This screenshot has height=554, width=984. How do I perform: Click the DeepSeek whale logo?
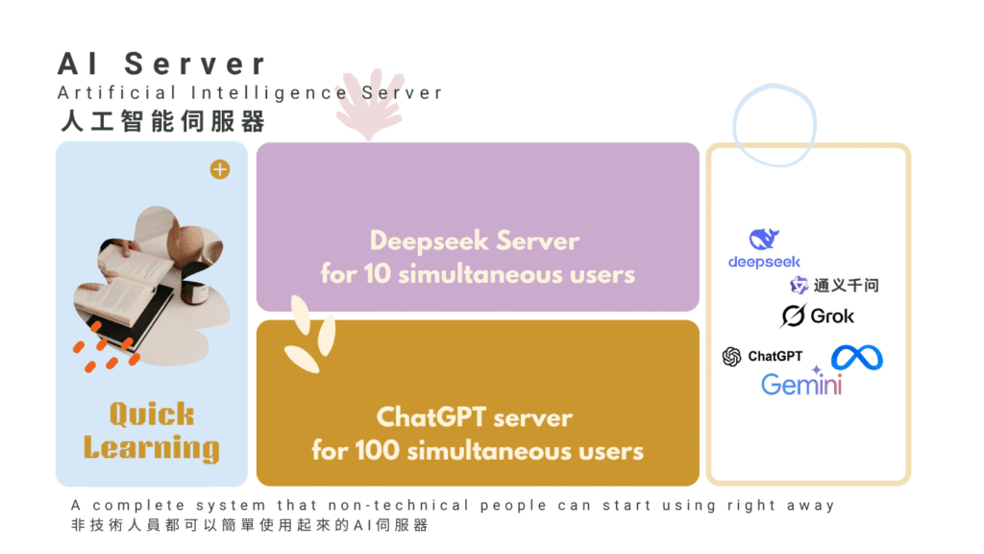764,239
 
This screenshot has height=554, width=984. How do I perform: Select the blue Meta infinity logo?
856,357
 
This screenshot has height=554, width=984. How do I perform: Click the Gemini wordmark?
801,384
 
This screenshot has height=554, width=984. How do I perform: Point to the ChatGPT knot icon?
732,357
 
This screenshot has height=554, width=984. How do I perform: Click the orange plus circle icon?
220,170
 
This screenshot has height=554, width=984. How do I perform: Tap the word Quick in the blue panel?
151,415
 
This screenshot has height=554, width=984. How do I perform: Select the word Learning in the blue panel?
151,447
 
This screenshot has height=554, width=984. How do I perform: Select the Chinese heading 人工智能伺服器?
160,122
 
